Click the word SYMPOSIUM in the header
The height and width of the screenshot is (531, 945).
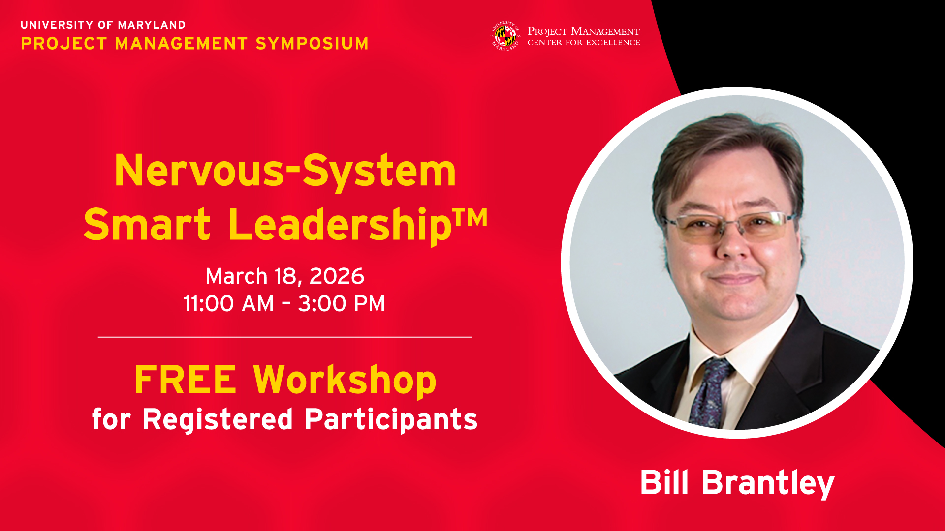point(312,43)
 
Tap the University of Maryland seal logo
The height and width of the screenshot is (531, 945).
point(505,36)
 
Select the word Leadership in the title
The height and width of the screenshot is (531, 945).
point(340,225)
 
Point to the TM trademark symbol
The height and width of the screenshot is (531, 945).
point(470,217)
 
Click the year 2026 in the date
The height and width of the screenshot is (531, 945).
point(337,276)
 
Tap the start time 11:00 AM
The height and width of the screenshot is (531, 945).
point(228,304)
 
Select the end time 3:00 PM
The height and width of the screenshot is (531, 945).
point(342,304)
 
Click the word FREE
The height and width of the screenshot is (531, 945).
point(186,380)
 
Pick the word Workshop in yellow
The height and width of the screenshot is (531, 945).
point(345,381)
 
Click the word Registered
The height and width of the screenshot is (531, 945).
point(218,419)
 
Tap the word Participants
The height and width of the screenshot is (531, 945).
point(391,419)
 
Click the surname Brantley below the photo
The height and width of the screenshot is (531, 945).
point(768,483)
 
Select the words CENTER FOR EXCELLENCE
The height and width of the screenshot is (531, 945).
point(584,43)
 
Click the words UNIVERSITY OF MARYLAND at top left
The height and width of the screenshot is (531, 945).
point(103,25)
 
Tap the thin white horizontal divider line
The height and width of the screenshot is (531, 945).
point(285,337)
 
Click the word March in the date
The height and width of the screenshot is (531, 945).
point(236,276)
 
